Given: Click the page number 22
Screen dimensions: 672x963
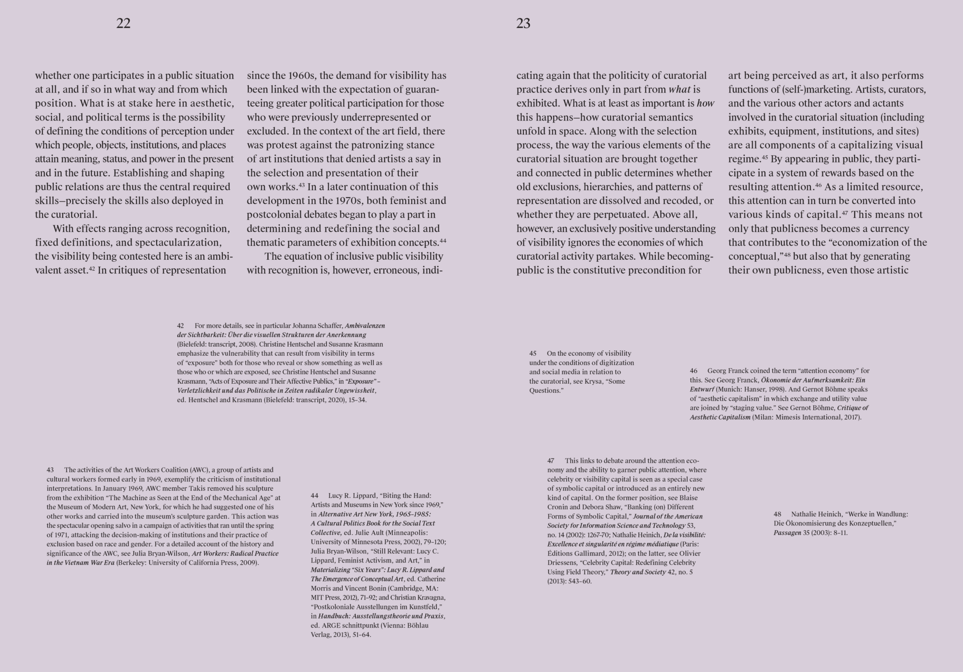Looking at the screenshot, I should [x=123, y=23].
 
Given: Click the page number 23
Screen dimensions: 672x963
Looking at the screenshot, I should [x=523, y=23].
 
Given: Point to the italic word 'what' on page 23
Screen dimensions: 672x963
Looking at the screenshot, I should [x=679, y=89].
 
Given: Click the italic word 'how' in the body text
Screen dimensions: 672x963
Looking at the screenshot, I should [x=705, y=103].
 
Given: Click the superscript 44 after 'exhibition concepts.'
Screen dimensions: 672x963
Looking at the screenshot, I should [x=443, y=240].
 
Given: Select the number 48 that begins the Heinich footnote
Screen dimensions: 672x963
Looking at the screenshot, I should [x=778, y=514].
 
